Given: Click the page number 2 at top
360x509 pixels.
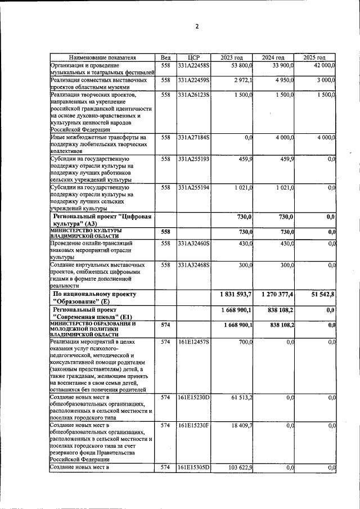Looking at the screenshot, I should [x=197, y=26].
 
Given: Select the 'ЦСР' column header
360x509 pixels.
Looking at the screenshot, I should [x=193, y=57].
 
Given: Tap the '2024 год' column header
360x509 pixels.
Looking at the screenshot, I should [x=273, y=57].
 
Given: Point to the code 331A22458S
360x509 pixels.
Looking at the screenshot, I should [x=193, y=65].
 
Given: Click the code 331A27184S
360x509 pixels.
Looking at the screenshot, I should [x=193, y=137].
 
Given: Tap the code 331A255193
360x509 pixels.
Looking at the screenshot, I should [x=193, y=160].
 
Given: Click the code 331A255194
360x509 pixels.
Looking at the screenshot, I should [x=193, y=187].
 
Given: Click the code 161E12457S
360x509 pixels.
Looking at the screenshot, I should [x=193, y=341].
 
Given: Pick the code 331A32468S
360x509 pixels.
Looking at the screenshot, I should [x=193, y=264].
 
